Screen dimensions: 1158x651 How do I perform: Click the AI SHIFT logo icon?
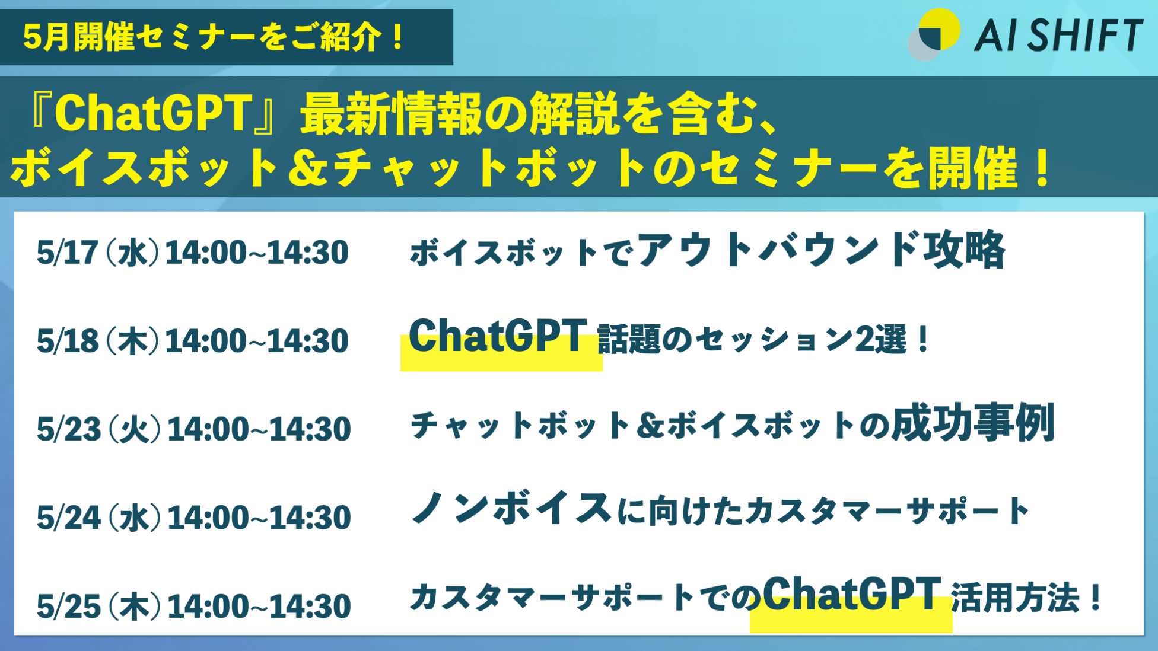[934, 34]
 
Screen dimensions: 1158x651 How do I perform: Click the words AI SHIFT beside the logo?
[1059, 36]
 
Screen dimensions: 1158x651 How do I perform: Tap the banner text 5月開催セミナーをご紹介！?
[214, 37]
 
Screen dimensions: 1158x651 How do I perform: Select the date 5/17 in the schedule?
[67, 253]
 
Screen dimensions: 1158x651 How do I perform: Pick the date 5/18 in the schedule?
[67, 341]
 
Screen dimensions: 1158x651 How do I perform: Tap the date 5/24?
[69, 518]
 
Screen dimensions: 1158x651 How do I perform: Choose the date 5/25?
[69, 606]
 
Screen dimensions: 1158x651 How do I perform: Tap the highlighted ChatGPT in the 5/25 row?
[852, 594]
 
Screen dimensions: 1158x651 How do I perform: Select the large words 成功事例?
[974, 423]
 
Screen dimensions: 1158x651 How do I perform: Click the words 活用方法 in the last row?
[1015, 598]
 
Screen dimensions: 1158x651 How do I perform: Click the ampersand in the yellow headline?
[308, 168]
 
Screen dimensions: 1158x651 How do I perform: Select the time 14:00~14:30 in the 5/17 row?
[257, 253]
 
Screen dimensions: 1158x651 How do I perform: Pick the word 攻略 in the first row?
[964, 250]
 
